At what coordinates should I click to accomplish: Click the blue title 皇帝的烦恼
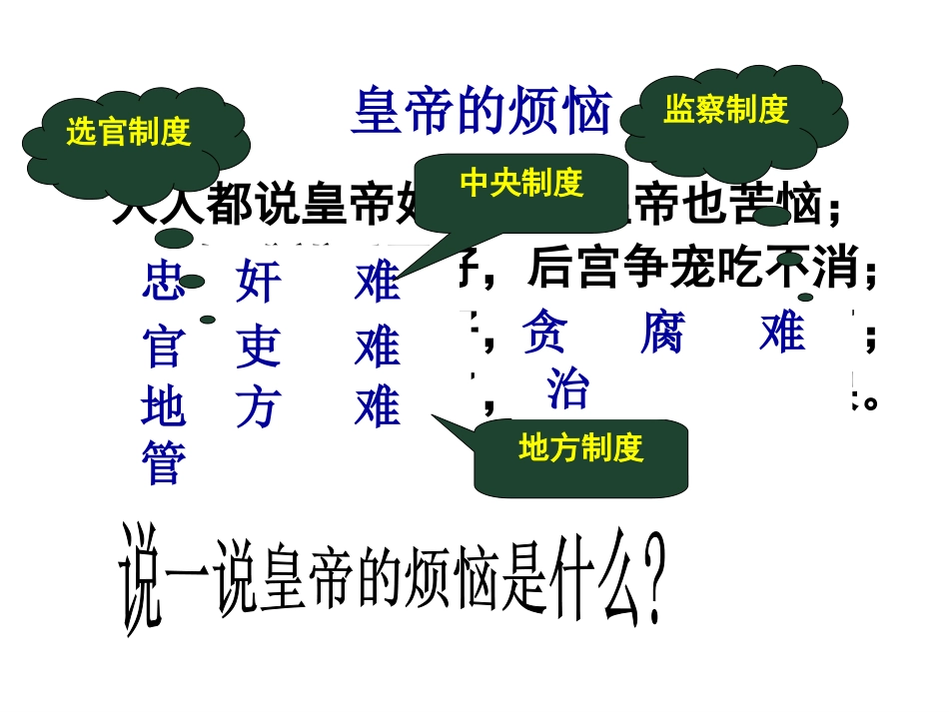tap(480, 111)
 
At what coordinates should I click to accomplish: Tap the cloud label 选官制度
tap(128, 132)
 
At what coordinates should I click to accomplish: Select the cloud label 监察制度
tap(726, 110)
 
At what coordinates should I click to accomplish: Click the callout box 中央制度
tap(520, 183)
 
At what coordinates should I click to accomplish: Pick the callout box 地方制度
tap(580, 448)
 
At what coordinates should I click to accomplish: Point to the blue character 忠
tap(164, 283)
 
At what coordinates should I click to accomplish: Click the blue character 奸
tap(259, 283)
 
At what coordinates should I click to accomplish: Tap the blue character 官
tap(164, 347)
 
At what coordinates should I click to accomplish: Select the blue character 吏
tap(259, 347)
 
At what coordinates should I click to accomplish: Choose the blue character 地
tap(164, 407)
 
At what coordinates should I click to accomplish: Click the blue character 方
tap(259, 407)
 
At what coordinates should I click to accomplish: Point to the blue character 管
tap(164, 463)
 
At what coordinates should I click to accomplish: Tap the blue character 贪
tap(544, 332)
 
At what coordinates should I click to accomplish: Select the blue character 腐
tap(662, 332)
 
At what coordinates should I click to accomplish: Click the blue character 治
tap(567, 390)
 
